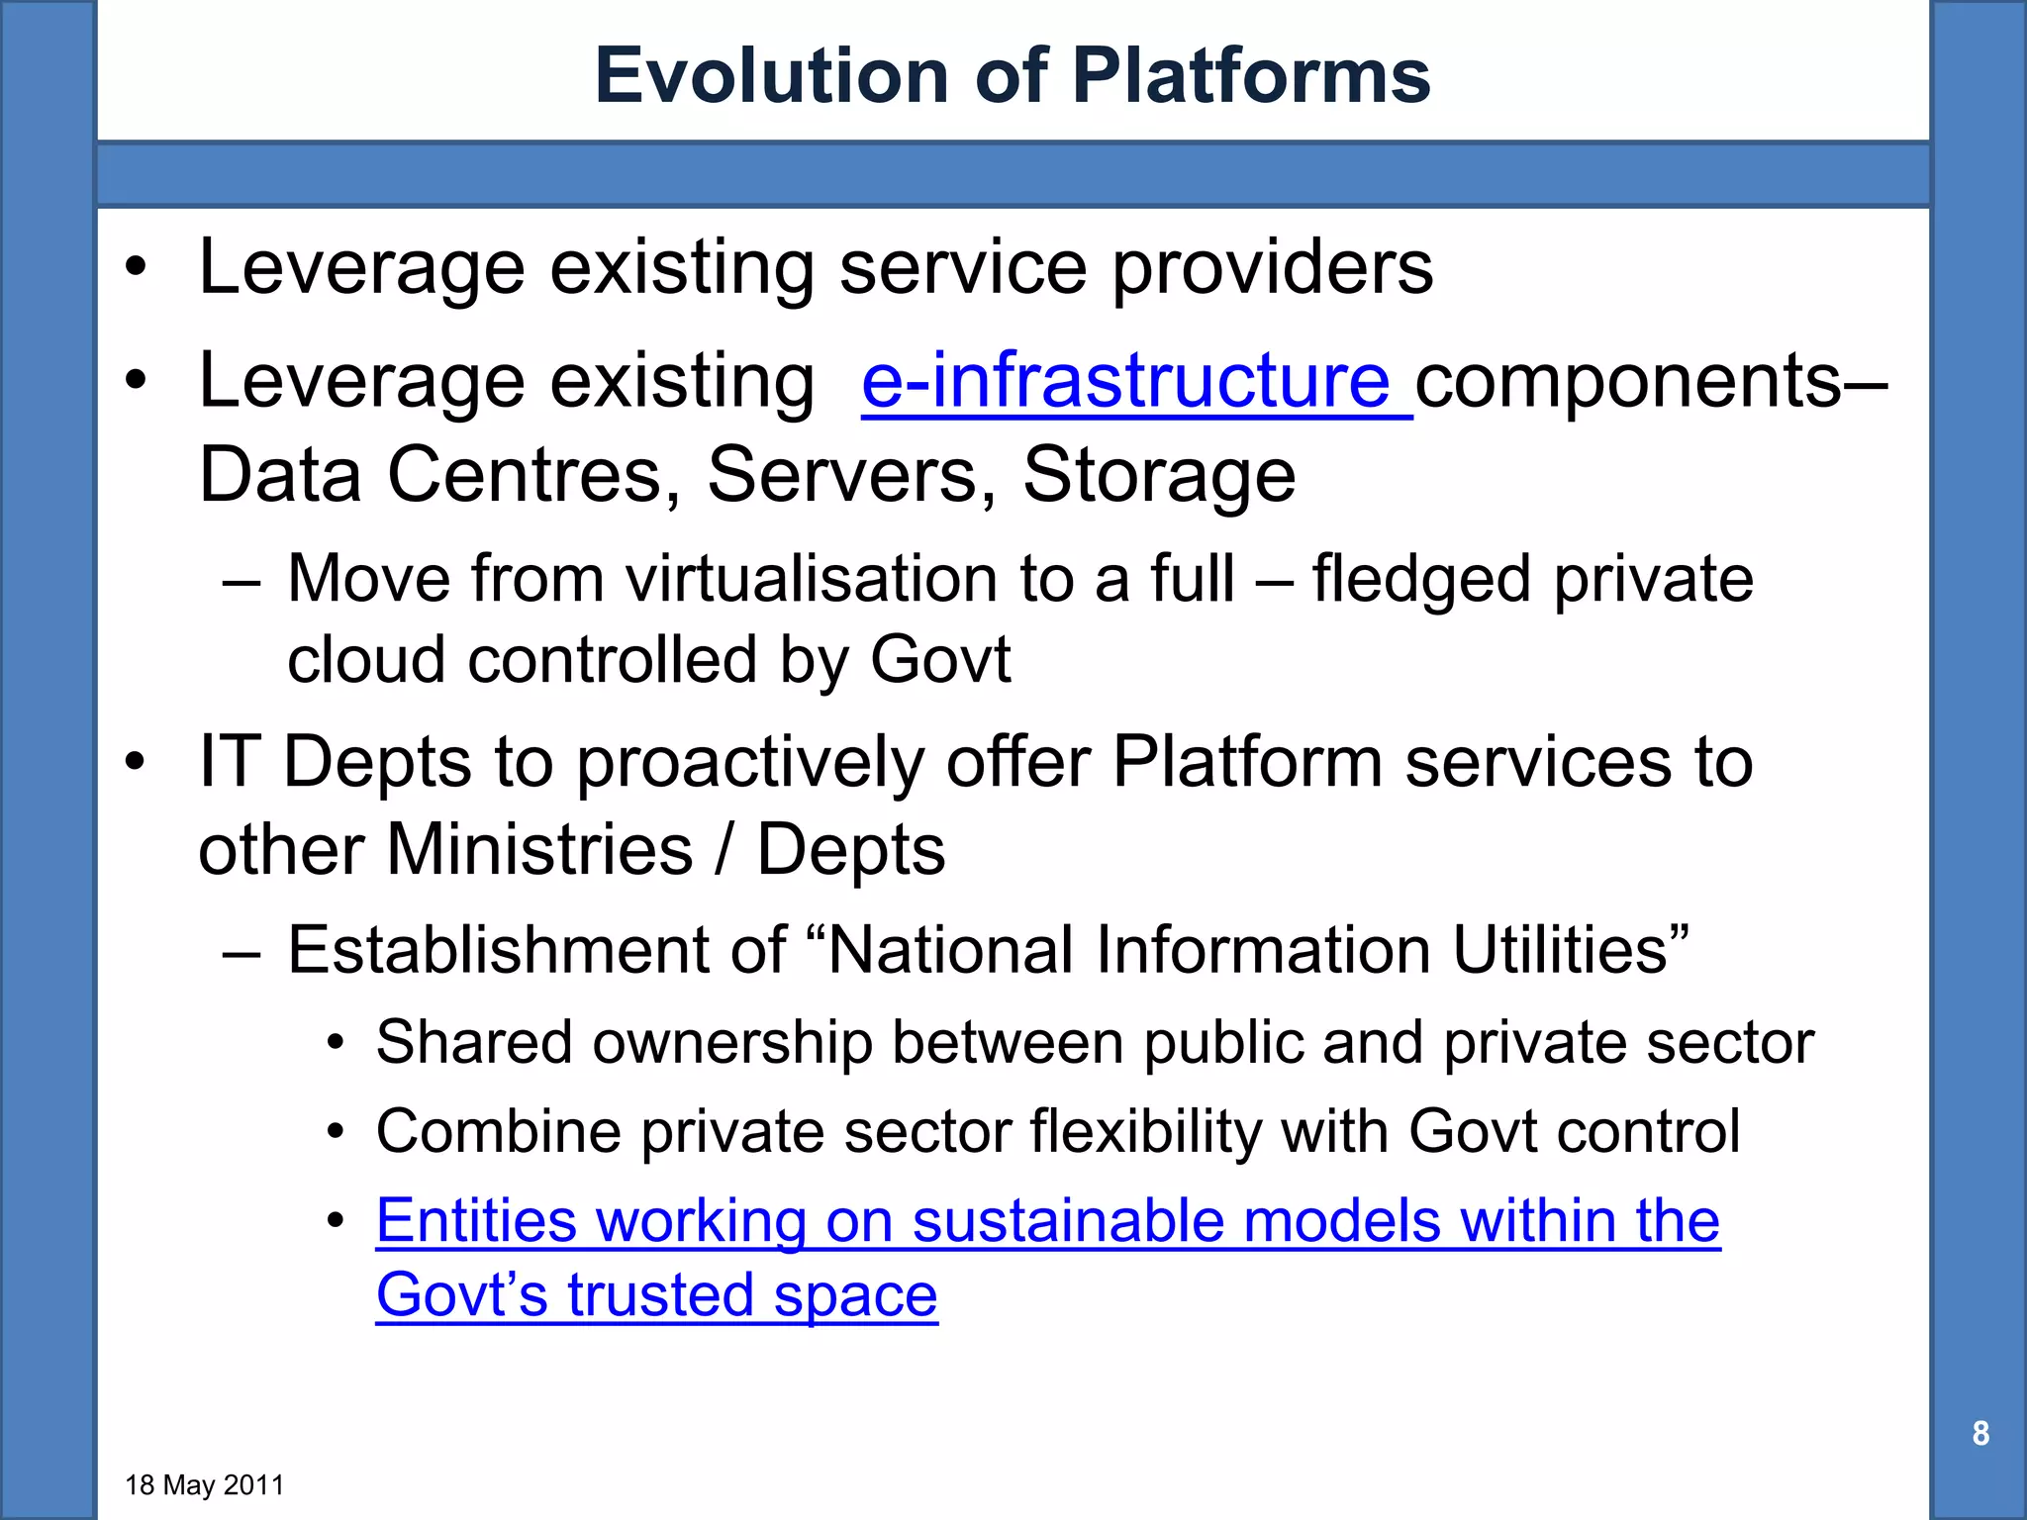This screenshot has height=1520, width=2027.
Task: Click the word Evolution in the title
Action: pos(772,76)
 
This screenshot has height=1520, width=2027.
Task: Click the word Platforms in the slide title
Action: pos(1251,76)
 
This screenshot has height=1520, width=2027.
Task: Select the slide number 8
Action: pos(1979,1433)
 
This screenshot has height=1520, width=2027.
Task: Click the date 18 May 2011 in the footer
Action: pos(205,1485)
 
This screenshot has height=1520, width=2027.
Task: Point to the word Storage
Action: pos(1158,475)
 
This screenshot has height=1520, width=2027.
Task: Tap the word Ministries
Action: pos(539,850)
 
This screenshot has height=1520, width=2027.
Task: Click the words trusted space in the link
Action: pos(752,1295)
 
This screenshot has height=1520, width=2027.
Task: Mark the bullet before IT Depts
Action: pos(136,763)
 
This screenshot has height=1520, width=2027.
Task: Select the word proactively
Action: pos(749,763)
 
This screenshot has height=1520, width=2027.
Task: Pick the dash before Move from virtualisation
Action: pos(241,581)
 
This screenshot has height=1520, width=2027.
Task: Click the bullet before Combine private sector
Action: pos(336,1131)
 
